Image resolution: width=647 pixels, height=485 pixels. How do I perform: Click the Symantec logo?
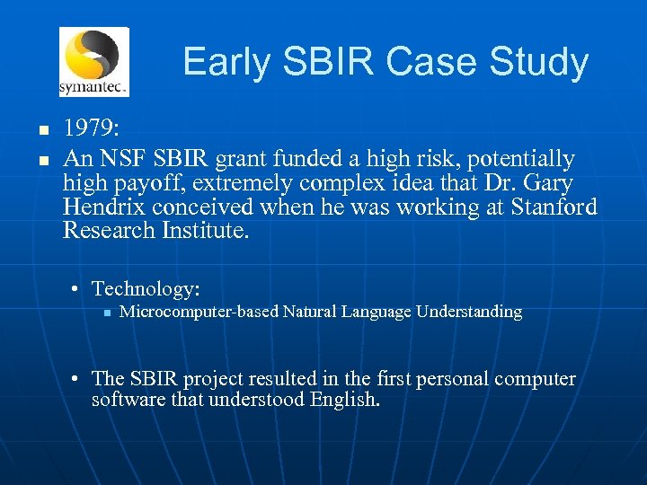pyautogui.click(x=93, y=61)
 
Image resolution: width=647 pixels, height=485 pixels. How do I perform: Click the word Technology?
pyautogui.click(x=145, y=288)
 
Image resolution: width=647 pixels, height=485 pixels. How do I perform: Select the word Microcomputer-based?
pyautogui.click(x=199, y=312)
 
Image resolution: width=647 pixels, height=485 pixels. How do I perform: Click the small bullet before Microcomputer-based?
pyautogui.click(x=105, y=313)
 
